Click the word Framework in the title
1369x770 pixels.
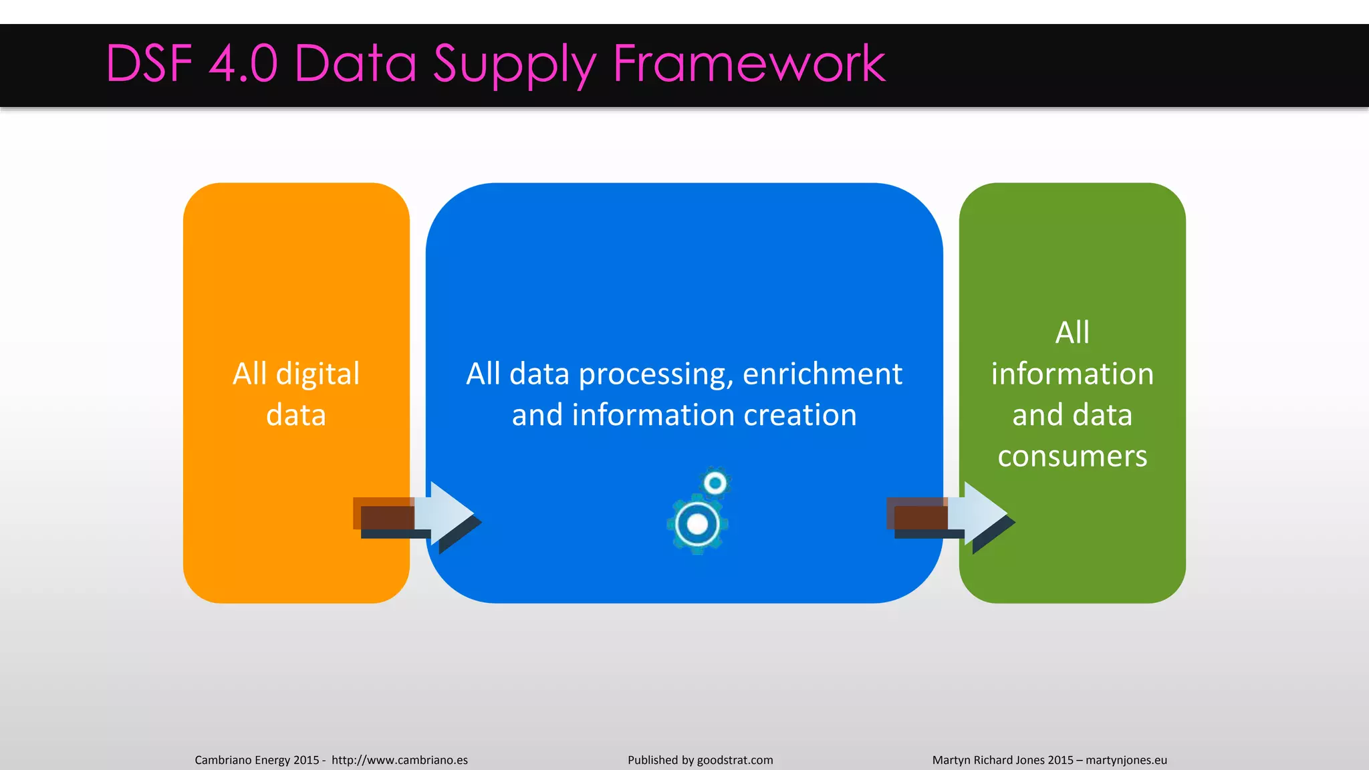(x=749, y=63)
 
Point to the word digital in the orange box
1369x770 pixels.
(x=318, y=374)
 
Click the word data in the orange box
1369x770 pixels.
(x=296, y=415)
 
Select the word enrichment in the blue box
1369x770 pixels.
(x=822, y=374)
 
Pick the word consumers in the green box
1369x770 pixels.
(x=1072, y=457)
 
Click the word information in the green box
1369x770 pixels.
(x=1072, y=374)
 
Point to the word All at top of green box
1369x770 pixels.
(x=1072, y=332)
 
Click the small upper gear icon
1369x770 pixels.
(x=715, y=483)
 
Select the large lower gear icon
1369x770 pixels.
(x=697, y=525)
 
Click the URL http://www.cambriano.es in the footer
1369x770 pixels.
(x=400, y=760)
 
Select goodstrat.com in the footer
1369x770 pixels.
(x=735, y=760)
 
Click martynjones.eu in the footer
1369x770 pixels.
(x=1126, y=760)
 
